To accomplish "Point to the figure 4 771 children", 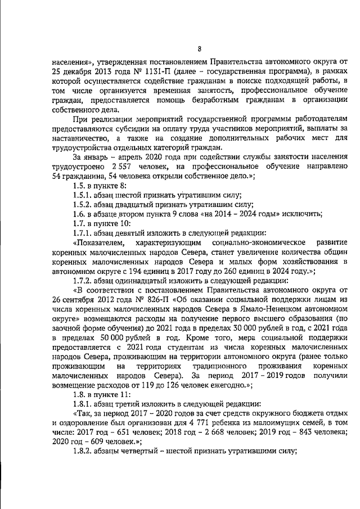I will [226, 414].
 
